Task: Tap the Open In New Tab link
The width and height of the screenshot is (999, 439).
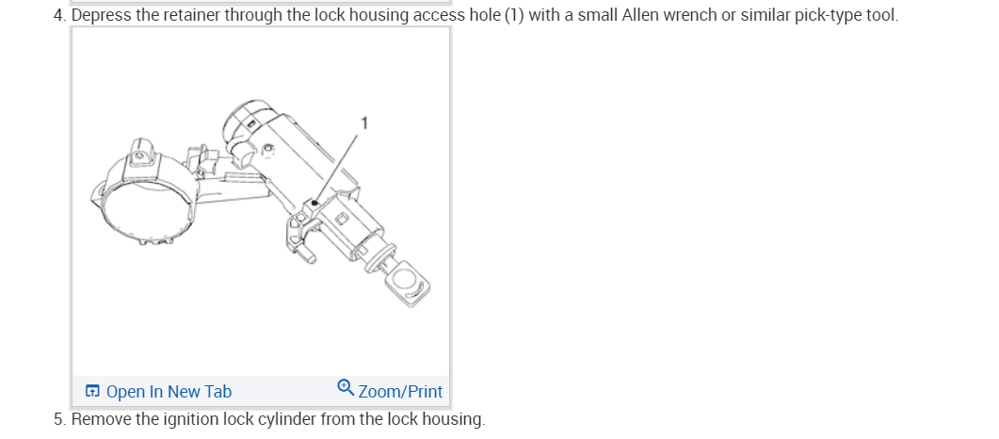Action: (169, 392)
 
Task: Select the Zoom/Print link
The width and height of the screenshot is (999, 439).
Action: (400, 392)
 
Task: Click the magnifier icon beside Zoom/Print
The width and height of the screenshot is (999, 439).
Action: (346, 388)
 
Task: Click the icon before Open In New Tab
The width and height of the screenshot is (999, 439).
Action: (92, 392)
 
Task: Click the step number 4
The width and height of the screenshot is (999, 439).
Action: (58, 15)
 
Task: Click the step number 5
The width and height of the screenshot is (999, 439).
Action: (58, 418)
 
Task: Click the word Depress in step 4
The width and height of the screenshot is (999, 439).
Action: (101, 15)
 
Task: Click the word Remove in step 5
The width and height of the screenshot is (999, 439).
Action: (101, 418)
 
